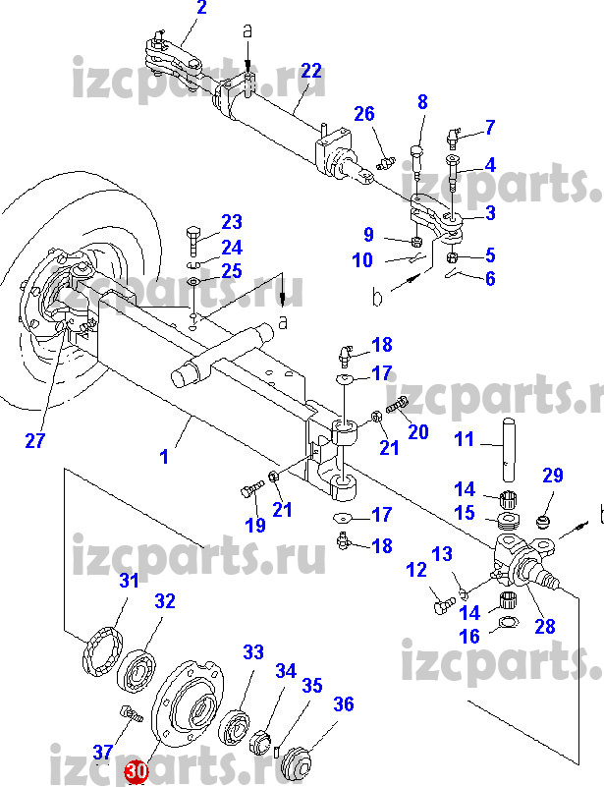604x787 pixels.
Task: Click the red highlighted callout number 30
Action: (136, 773)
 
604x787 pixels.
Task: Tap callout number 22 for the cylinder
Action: (311, 71)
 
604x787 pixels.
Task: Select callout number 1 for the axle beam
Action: (165, 456)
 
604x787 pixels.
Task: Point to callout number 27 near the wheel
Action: (35, 441)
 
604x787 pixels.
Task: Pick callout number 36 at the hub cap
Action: (343, 703)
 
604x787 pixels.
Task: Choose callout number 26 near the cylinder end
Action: (364, 114)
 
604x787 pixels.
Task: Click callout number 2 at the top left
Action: (201, 11)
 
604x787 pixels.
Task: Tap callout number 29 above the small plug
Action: (553, 477)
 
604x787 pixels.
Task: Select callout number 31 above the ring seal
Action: (130, 581)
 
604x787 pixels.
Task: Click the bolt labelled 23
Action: (192, 240)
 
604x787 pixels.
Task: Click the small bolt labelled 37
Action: (127, 713)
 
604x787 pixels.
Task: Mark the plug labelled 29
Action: (541, 516)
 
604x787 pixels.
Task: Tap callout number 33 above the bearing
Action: (253, 651)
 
